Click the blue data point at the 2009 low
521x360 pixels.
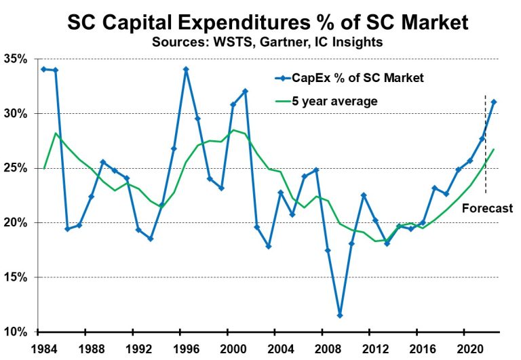340,315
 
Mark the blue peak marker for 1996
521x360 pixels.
186,69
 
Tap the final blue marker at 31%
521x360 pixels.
494,102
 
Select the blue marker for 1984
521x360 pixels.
43,69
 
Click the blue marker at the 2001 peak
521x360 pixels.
245,91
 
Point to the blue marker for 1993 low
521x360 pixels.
150,239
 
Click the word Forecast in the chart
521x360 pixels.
487,209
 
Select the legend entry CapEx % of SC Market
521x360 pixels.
356,78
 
